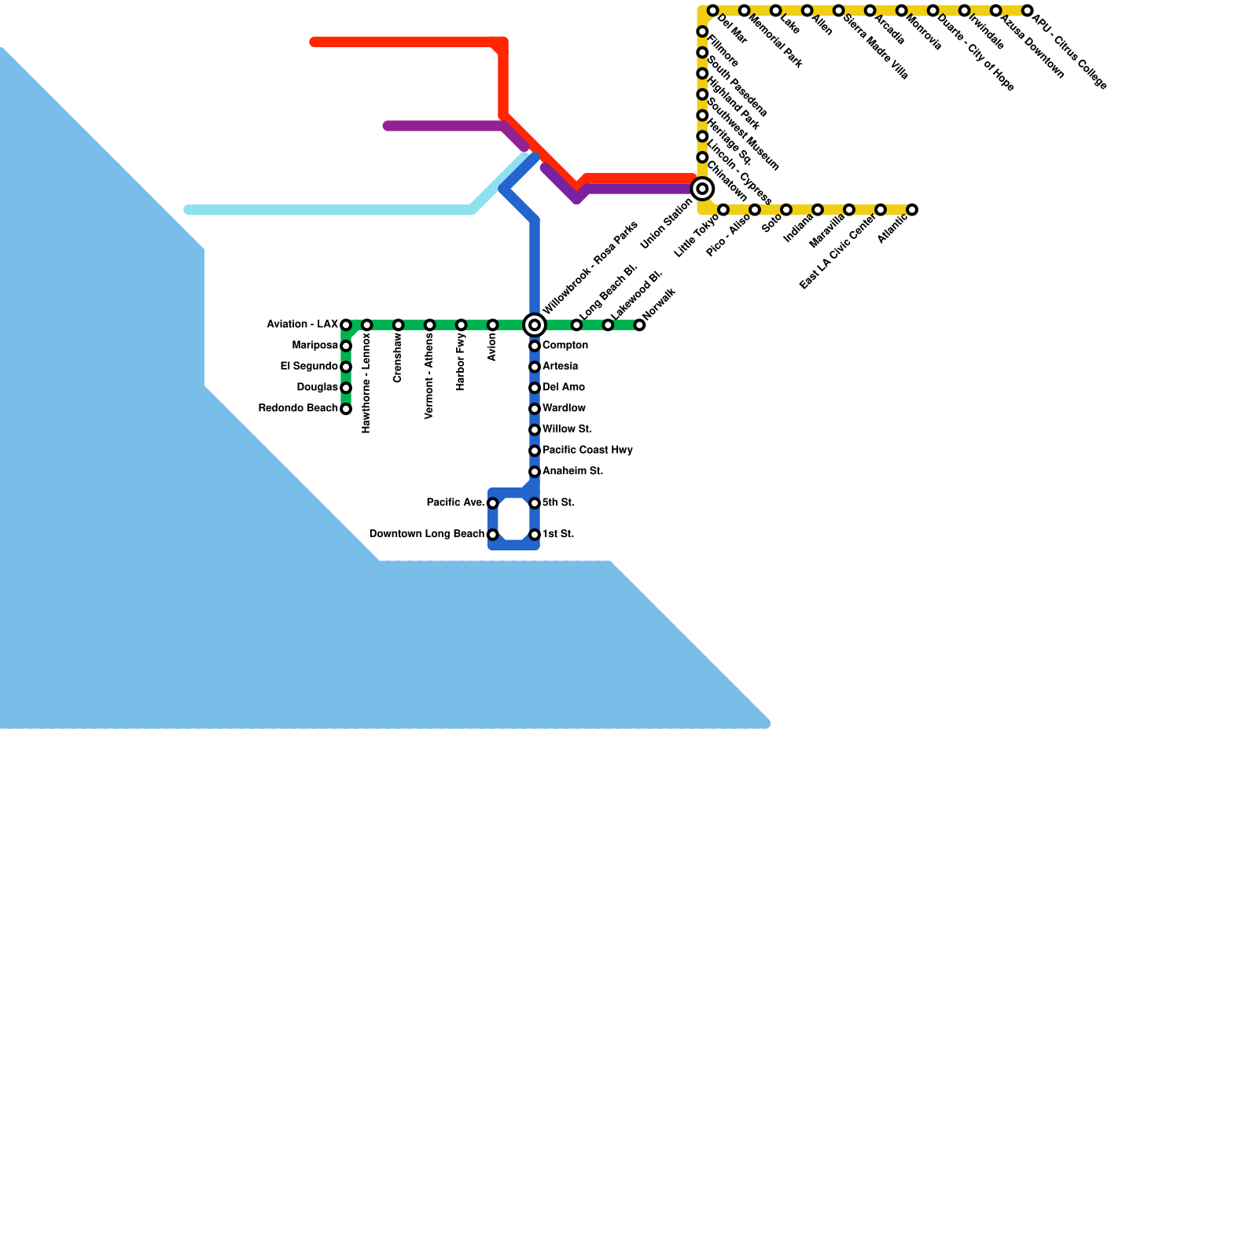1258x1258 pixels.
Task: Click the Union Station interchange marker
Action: point(702,189)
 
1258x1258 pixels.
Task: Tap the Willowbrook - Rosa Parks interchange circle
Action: point(535,325)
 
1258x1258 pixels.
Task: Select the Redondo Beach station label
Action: point(298,409)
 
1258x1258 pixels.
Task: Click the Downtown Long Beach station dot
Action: point(493,535)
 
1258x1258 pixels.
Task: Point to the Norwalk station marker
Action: point(640,325)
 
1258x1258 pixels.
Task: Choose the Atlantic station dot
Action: point(912,210)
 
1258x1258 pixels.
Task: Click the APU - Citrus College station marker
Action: point(1027,10)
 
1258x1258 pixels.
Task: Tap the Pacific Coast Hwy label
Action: point(587,451)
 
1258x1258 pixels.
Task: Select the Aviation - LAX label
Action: point(303,325)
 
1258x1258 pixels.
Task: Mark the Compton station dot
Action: point(535,346)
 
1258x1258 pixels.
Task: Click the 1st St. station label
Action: point(558,535)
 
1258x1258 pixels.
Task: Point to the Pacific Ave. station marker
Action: point(493,503)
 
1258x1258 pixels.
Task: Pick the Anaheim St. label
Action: point(572,472)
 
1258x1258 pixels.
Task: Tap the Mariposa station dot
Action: point(346,346)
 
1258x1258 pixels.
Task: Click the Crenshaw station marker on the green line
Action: point(399,325)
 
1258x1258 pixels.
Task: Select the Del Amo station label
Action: point(564,388)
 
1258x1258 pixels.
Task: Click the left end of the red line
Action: point(314,42)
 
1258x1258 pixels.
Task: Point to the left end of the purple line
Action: point(388,126)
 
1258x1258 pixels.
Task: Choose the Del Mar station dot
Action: point(712,10)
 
